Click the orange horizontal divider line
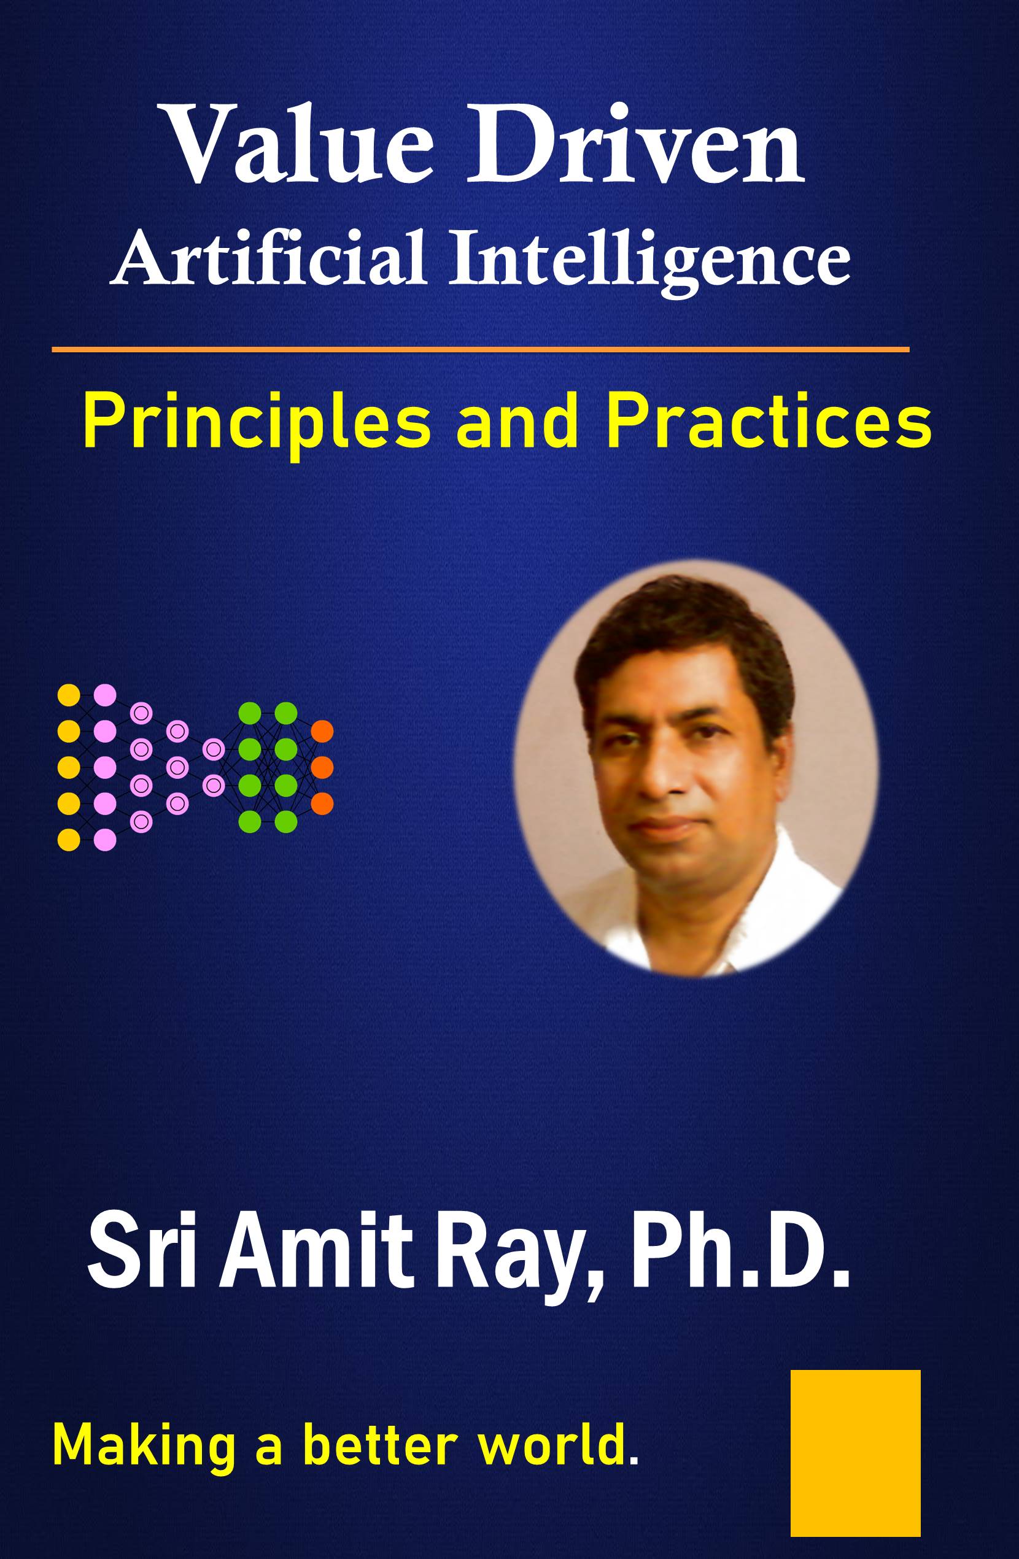pyautogui.click(x=480, y=350)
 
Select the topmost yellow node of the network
pyautogui.click(x=69, y=695)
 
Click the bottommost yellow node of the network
pyautogui.click(x=69, y=840)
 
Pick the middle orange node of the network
pyautogui.click(x=322, y=767)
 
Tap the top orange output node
pyautogui.click(x=322, y=731)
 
